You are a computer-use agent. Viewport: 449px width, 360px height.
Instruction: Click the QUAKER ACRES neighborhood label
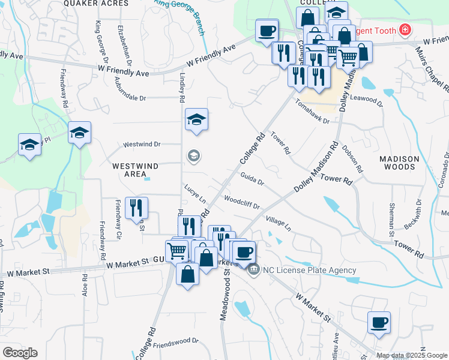click(100, 4)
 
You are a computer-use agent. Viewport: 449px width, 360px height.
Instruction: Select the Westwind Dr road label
click(142, 145)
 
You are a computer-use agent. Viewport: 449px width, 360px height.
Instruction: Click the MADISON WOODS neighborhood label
click(399, 163)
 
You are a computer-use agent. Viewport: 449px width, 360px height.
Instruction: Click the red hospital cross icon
click(405, 29)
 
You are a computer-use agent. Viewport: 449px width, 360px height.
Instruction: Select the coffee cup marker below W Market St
click(379, 322)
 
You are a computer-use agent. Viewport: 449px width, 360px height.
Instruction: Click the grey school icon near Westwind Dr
click(193, 157)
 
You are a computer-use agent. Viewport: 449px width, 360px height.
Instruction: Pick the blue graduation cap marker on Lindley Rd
click(196, 119)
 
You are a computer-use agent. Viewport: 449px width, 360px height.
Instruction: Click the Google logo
click(20, 352)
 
